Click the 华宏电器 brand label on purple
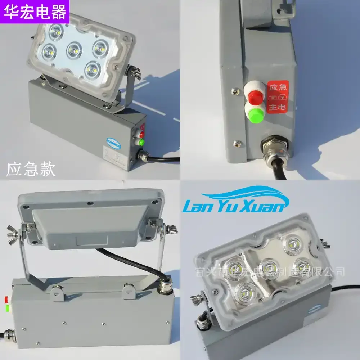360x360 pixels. (x=35, y=12)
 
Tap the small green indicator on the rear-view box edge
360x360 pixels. (x=7, y=308)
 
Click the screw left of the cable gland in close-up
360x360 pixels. (x=237, y=143)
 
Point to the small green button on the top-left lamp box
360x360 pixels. (x=141, y=141)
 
